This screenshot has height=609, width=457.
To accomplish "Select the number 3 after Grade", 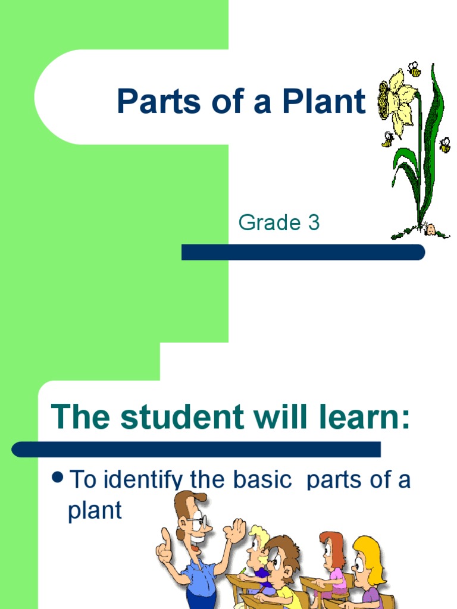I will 314,223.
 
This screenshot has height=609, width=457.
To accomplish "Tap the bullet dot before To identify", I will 58,478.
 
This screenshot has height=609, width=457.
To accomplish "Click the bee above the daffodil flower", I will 414,70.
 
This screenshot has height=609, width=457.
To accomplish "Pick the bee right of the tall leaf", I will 445,145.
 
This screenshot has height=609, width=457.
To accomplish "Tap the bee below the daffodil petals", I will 388,140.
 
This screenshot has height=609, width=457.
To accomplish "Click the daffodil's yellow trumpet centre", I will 385,101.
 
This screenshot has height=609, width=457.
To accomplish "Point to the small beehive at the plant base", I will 430,229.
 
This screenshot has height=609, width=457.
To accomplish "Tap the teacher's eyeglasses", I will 199,522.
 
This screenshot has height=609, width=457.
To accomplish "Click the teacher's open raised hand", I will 235,529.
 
